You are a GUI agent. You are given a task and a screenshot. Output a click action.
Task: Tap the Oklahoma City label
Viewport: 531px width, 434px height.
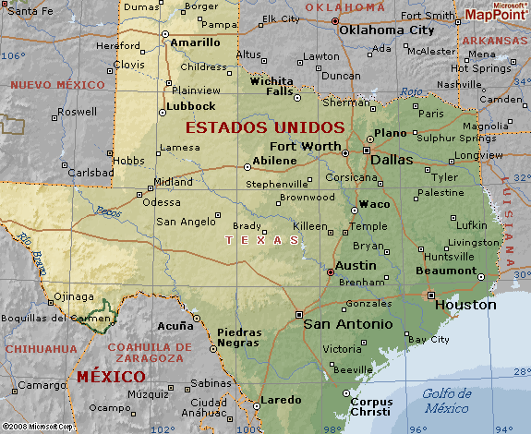coord(386,30)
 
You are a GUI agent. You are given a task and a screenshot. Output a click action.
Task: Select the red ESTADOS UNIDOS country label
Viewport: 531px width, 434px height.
coord(265,127)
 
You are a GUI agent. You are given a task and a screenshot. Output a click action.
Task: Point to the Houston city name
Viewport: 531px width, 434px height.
coord(465,305)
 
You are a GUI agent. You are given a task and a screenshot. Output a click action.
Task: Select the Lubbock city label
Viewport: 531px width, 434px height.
coord(191,106)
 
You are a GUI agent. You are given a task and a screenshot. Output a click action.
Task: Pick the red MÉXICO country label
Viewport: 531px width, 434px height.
coord(111,377)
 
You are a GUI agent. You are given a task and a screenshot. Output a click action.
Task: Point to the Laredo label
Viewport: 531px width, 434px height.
coord(282,400)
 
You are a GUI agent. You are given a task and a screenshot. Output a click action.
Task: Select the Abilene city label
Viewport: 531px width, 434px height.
coord(277,160)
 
